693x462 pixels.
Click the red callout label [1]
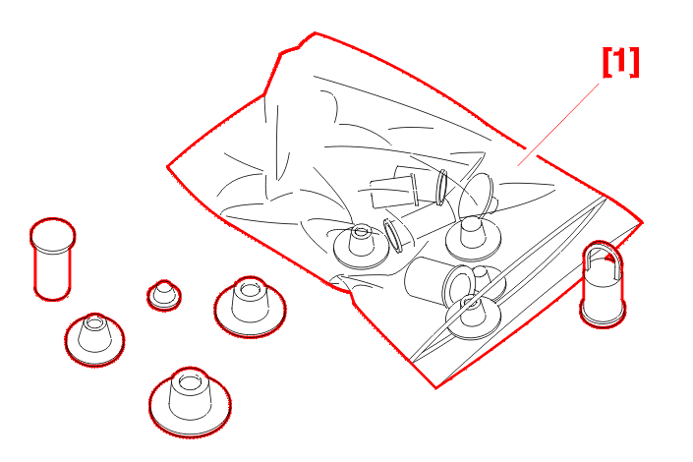(x=621, y=62)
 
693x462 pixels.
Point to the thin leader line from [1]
(x=558, y=124)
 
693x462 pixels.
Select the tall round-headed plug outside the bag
(x=53, y=260)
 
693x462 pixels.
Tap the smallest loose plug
(x=164, y=295)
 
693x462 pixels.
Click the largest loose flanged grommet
(x=190, y=402)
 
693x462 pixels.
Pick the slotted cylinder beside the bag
(x=603, y=284)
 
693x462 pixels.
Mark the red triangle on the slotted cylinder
(x=612, y=257)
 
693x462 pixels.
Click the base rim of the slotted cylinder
(x=603, y=320)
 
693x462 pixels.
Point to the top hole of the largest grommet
(x=190, y=382)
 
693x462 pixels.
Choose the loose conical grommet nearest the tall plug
(x=94, y=339)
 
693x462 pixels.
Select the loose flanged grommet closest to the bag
(x=250, y=308)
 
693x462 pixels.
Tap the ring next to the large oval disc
(x=441, y=188)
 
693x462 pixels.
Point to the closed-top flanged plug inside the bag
(x=474, y=239)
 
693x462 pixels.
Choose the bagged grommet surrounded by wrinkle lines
(x=361, y=247)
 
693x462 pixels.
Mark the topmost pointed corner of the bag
(x=315, y=32)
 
